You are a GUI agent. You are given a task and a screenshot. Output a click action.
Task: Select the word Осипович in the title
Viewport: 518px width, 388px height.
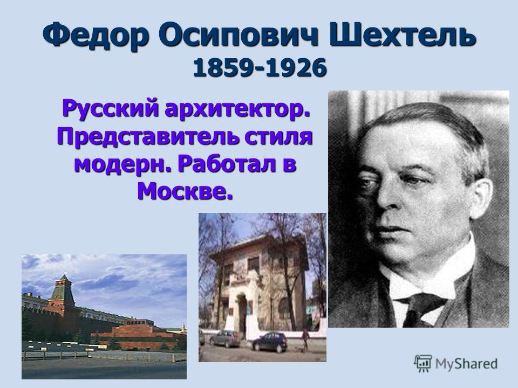(238, 34)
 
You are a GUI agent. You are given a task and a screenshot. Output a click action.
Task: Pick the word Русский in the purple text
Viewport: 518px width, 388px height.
(110, 109)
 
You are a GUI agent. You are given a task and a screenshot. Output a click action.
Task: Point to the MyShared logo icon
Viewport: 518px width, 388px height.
(423, 364)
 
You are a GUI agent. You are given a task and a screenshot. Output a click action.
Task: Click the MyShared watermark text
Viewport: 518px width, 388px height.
(466, 364)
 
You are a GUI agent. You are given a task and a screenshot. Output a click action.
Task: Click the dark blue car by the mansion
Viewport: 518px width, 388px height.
(270, 342)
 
